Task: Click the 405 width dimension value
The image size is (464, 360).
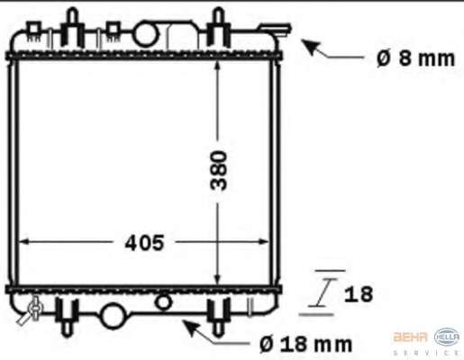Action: (x=144, y=243)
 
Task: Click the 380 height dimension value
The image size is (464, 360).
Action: (x=219, y=170)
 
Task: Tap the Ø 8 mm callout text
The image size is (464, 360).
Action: (x=416, y=58)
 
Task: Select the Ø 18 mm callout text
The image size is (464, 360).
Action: (x=305, y=344)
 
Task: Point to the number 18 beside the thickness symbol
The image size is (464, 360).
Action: (x=359, y=294)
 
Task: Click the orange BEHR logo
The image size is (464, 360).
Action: (x=410, y=337)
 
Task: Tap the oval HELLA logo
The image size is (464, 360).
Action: (x=447, y=337)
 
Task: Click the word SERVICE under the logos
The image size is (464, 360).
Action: (x=426, y=353)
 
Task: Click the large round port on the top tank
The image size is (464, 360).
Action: (x=145, y=33)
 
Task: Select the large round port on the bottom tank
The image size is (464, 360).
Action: (x=113, y=316)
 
